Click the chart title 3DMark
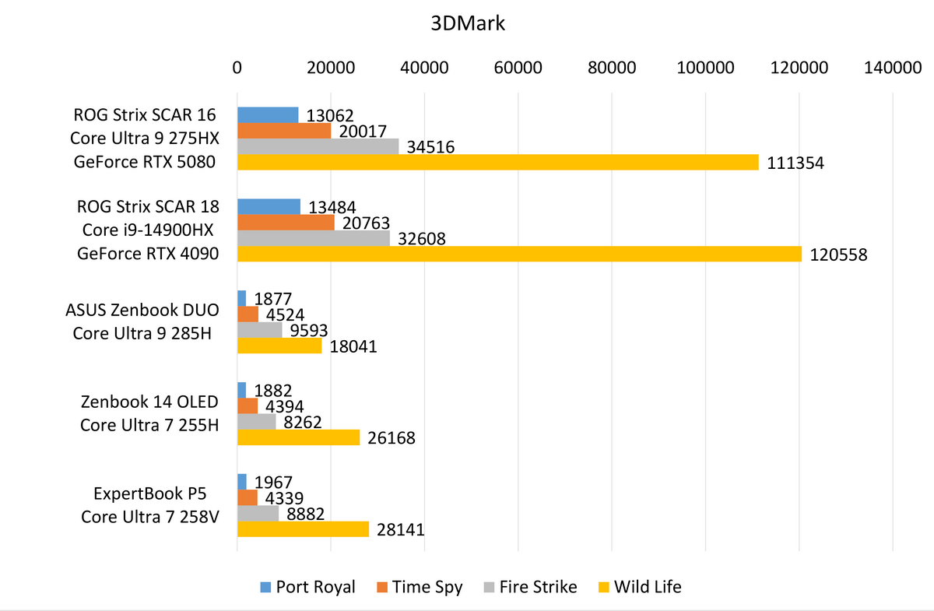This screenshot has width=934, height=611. (469, 23)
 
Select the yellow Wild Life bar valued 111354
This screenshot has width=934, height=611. (497, 162)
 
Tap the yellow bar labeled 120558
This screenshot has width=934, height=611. (519, 254)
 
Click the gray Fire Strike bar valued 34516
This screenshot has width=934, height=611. (318, 146)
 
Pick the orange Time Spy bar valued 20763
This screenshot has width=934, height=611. (286, 223)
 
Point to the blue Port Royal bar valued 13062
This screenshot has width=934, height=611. (268, 115)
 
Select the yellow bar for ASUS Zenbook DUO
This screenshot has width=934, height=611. (279, 346)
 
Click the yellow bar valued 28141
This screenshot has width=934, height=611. (303, 529)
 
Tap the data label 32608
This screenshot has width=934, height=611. (420, 238)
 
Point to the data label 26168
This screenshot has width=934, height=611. (390, 438)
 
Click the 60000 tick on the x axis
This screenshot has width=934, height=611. (518, 68)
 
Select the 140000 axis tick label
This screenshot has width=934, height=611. (892, 68)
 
